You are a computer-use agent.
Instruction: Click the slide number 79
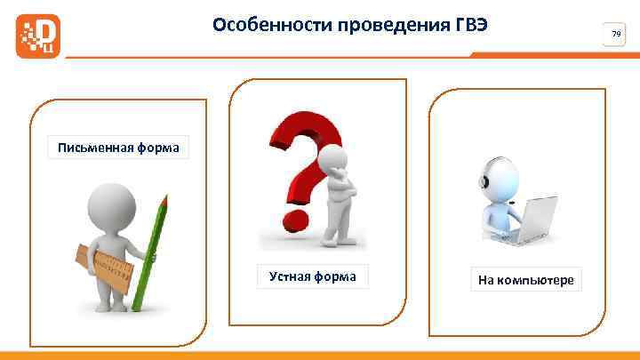615,34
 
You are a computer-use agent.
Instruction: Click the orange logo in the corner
38,36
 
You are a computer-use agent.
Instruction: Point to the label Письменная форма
118,148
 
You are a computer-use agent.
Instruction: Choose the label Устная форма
312,277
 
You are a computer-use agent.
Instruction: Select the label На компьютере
526,281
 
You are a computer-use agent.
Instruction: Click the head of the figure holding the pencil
115,204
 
